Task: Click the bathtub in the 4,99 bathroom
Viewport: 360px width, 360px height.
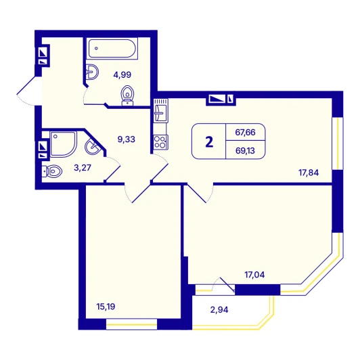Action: [x=112, y=49]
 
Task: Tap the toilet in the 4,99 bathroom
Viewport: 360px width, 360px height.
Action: [x=127, y=95]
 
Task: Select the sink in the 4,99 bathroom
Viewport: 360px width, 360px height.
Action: [x=92, y=72]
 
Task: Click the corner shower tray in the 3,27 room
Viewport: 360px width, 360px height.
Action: [x=63, y=144]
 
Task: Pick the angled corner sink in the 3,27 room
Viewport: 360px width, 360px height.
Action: [x=93, y=146]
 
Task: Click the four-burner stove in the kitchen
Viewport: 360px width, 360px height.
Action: [x=160, y=142]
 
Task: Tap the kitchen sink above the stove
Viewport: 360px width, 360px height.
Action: [x=160, y=110]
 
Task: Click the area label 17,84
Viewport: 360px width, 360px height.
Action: [x=309, y=173]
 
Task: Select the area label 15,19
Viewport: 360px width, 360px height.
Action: [x=106, y=307]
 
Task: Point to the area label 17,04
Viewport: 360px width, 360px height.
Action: [x=254, y=275]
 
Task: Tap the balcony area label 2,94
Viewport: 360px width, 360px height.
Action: [x=219, y=310]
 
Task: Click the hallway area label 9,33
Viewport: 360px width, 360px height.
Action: [x=127, y=139]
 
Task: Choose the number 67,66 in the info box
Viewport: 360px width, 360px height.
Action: [x=245, y=133]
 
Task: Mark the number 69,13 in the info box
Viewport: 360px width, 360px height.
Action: [x=245, y=151]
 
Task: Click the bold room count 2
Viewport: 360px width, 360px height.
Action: [x=209, y=142]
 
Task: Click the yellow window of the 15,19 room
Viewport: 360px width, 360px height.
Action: [x=131, y=324]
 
